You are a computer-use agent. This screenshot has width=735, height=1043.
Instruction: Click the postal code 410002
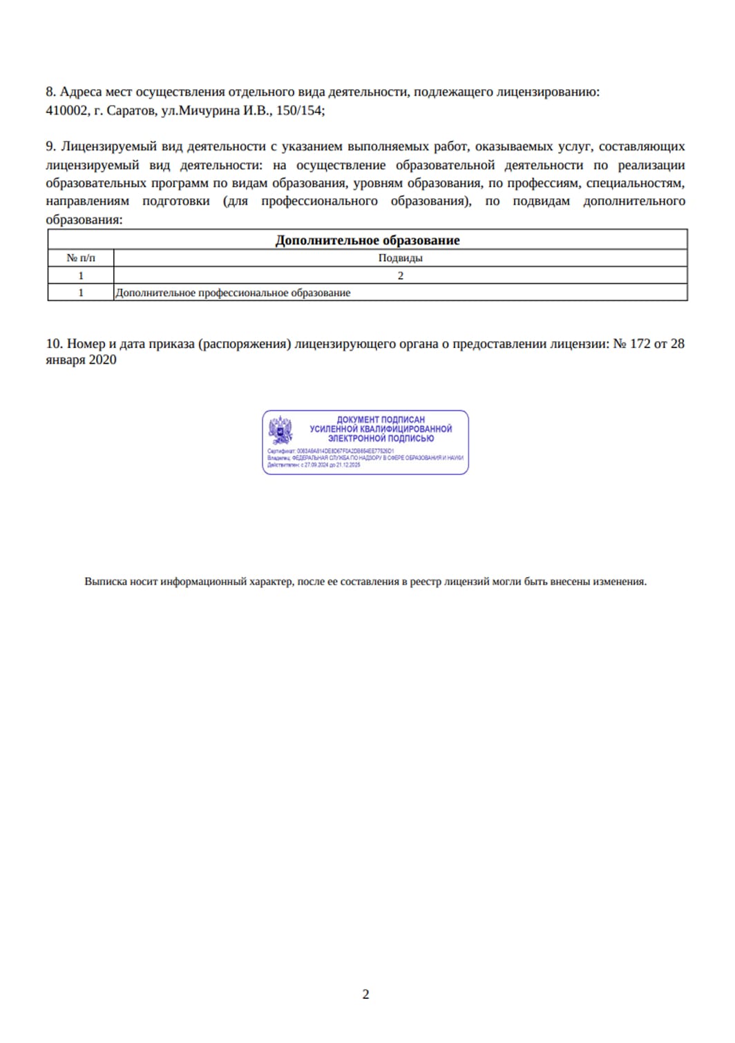66,110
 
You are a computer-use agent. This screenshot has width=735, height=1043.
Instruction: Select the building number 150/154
300,110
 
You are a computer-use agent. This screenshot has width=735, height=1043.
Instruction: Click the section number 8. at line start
50,92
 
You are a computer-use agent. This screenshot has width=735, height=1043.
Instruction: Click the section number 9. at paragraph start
50,146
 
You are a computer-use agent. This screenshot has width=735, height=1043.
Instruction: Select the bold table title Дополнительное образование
367,240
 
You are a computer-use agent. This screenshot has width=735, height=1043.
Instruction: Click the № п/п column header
81,258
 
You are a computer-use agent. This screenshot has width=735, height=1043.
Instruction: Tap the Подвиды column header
400,258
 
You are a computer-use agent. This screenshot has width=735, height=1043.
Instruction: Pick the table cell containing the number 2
400,275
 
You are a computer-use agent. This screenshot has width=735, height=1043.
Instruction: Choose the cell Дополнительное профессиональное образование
233,293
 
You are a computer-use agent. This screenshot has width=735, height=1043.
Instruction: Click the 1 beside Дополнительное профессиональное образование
81,293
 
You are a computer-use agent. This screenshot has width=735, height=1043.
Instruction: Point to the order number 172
640,343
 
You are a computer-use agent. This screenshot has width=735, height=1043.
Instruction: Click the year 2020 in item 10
102,360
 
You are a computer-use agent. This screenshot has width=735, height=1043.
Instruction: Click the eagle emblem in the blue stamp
280,429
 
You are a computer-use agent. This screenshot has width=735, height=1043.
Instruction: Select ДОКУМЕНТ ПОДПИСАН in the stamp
381,419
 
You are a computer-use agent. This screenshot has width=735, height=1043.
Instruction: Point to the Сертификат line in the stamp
330,451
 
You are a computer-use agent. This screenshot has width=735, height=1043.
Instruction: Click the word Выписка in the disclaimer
106,582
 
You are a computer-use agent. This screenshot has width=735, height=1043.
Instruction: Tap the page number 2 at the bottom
365,994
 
